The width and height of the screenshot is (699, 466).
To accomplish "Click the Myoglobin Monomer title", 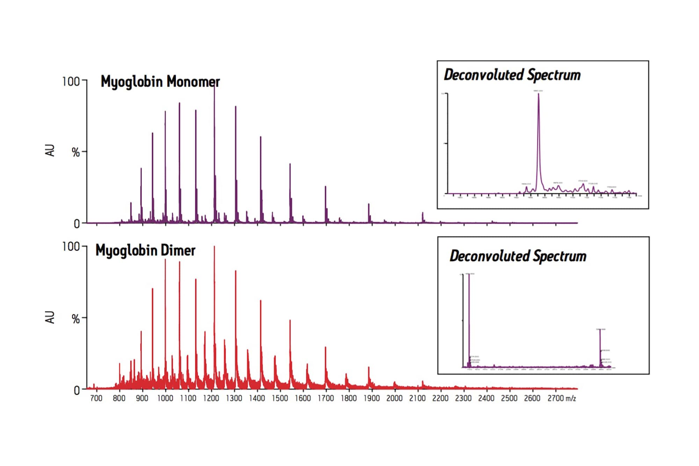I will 160,82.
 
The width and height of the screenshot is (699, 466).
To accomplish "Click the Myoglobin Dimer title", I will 145,251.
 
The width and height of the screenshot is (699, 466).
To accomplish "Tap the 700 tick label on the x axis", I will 96,398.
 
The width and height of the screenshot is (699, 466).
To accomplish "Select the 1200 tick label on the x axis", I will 211,398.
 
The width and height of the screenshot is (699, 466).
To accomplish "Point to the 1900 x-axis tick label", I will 372,398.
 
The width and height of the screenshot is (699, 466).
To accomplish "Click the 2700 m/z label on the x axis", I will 561,398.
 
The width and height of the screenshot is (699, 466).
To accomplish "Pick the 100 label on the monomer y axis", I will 71,82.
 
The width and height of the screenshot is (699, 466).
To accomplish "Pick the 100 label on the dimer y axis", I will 71,247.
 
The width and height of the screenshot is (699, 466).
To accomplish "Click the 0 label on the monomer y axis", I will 77,224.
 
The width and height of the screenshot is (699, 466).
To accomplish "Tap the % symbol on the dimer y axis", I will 75,319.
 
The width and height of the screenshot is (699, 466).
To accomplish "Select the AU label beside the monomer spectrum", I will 50,150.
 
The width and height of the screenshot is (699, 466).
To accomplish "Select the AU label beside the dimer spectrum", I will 50,317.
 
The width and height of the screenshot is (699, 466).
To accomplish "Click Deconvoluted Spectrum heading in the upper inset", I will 512,75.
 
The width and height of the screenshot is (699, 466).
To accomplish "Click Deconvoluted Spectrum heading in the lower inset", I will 518,256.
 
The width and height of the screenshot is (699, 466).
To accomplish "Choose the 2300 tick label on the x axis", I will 463,398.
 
